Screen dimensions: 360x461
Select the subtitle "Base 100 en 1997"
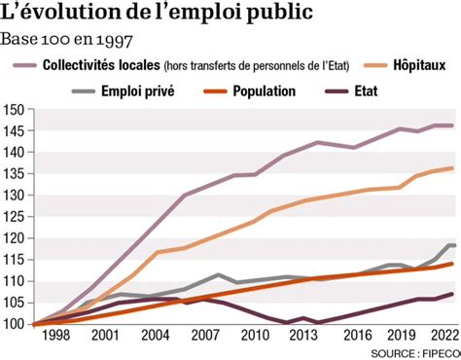point(67,40)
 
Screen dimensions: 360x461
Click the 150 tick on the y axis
point(13,109)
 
